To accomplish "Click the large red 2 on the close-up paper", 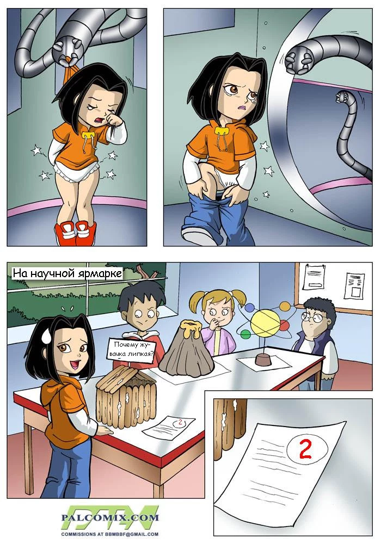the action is point(305,450).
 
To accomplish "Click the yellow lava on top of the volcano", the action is point(190,327).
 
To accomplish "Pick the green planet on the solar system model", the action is point(246,334).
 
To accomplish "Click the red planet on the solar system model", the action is point(284,325).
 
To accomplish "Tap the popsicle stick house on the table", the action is point(126,393).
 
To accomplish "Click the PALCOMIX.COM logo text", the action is point(110,517).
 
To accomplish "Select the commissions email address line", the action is point(110,534).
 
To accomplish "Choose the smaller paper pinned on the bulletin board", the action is point(354,285).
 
